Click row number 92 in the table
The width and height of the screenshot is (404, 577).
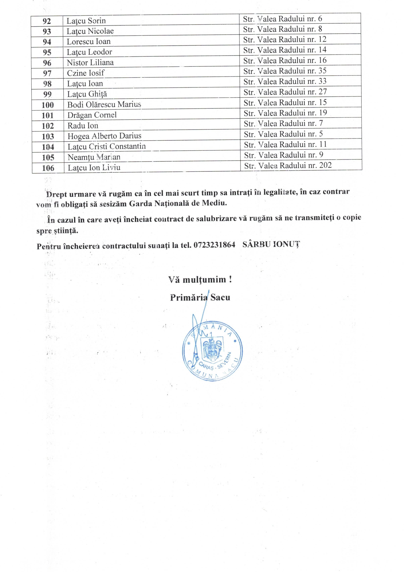pyautogui.click(x=47, y=21)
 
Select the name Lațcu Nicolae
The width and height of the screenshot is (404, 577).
pyautogui.click(x=90, y=31)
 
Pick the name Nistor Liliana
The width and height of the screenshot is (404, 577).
pyautogui.click(x=90, y=63)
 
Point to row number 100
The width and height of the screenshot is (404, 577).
pyautogui.click(x=48, y=105)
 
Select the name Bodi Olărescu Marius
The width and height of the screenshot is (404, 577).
pyautogui.click(x=104, y=105)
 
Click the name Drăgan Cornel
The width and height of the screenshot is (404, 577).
pyautogui.click(x=92, y=115)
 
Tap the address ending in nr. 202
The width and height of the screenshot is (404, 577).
pyautogui.click(x=288, y=166)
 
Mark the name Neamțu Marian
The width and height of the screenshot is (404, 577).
pyautogui.click(x=94, y=157)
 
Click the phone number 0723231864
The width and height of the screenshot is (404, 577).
pyautogui.click(x=214, y=245)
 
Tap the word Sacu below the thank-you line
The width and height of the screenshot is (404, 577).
pyautogui.click(x=220, y=297)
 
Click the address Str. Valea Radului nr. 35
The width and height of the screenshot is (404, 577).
pyautogui.click(x=285, y=71)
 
